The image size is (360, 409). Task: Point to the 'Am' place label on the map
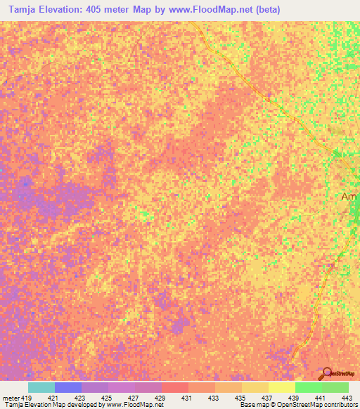coord(350,197)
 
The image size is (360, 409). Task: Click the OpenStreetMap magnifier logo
coord(327,373)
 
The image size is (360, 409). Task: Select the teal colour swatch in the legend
coord(41,387)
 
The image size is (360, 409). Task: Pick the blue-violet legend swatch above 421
coord(68,387)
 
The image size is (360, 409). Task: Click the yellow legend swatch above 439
coord(281,387)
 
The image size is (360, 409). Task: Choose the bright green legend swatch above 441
coord(308,387)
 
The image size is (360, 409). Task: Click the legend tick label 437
coord(268,397)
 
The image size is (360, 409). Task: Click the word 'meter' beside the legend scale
coord(11,397)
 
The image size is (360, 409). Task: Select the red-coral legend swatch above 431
coord(174,387)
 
